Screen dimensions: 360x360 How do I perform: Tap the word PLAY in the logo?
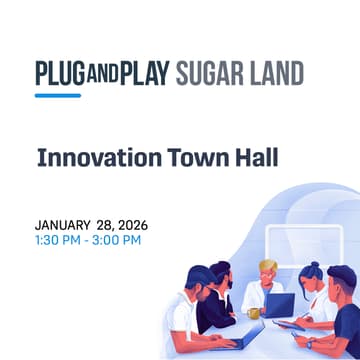tap(146, 75)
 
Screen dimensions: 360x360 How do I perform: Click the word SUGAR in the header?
tap(213, 75)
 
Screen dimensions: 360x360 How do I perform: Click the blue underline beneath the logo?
tap(58, 96)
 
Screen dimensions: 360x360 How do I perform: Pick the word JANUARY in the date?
tap(63, 225)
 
